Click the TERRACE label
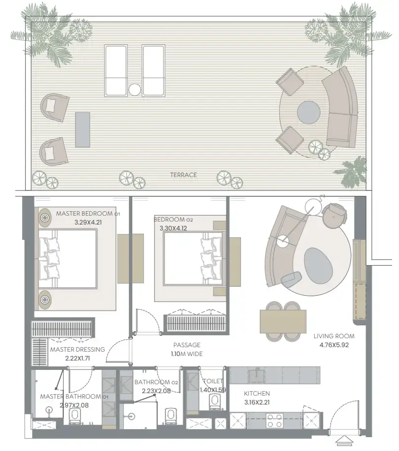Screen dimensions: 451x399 (183, 175)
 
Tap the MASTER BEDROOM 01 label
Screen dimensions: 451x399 (88, 214)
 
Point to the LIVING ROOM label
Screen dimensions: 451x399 (334, 336)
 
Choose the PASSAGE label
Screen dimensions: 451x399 (186, 345)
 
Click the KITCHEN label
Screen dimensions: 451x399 (257, 394)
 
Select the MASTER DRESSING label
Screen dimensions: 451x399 (78, 349)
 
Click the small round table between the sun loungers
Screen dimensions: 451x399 (134, 90)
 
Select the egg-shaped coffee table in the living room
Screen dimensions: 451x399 (318, 264)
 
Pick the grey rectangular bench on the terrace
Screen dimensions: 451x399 (82, 129)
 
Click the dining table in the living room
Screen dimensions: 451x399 (283, 321)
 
